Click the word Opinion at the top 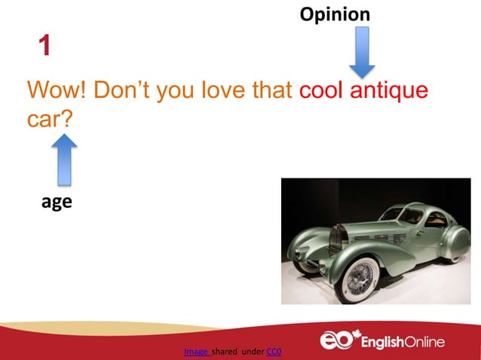click(x=335, y=14)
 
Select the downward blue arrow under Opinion click(x=362, y=52)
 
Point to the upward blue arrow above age click(x=66, y=159)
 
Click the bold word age click(x=57, y=202)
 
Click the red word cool click(x=322, y=91)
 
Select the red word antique click(x=389, y=91)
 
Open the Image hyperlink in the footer click(x=197, y=351)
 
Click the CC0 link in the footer click(x=274, y=351)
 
